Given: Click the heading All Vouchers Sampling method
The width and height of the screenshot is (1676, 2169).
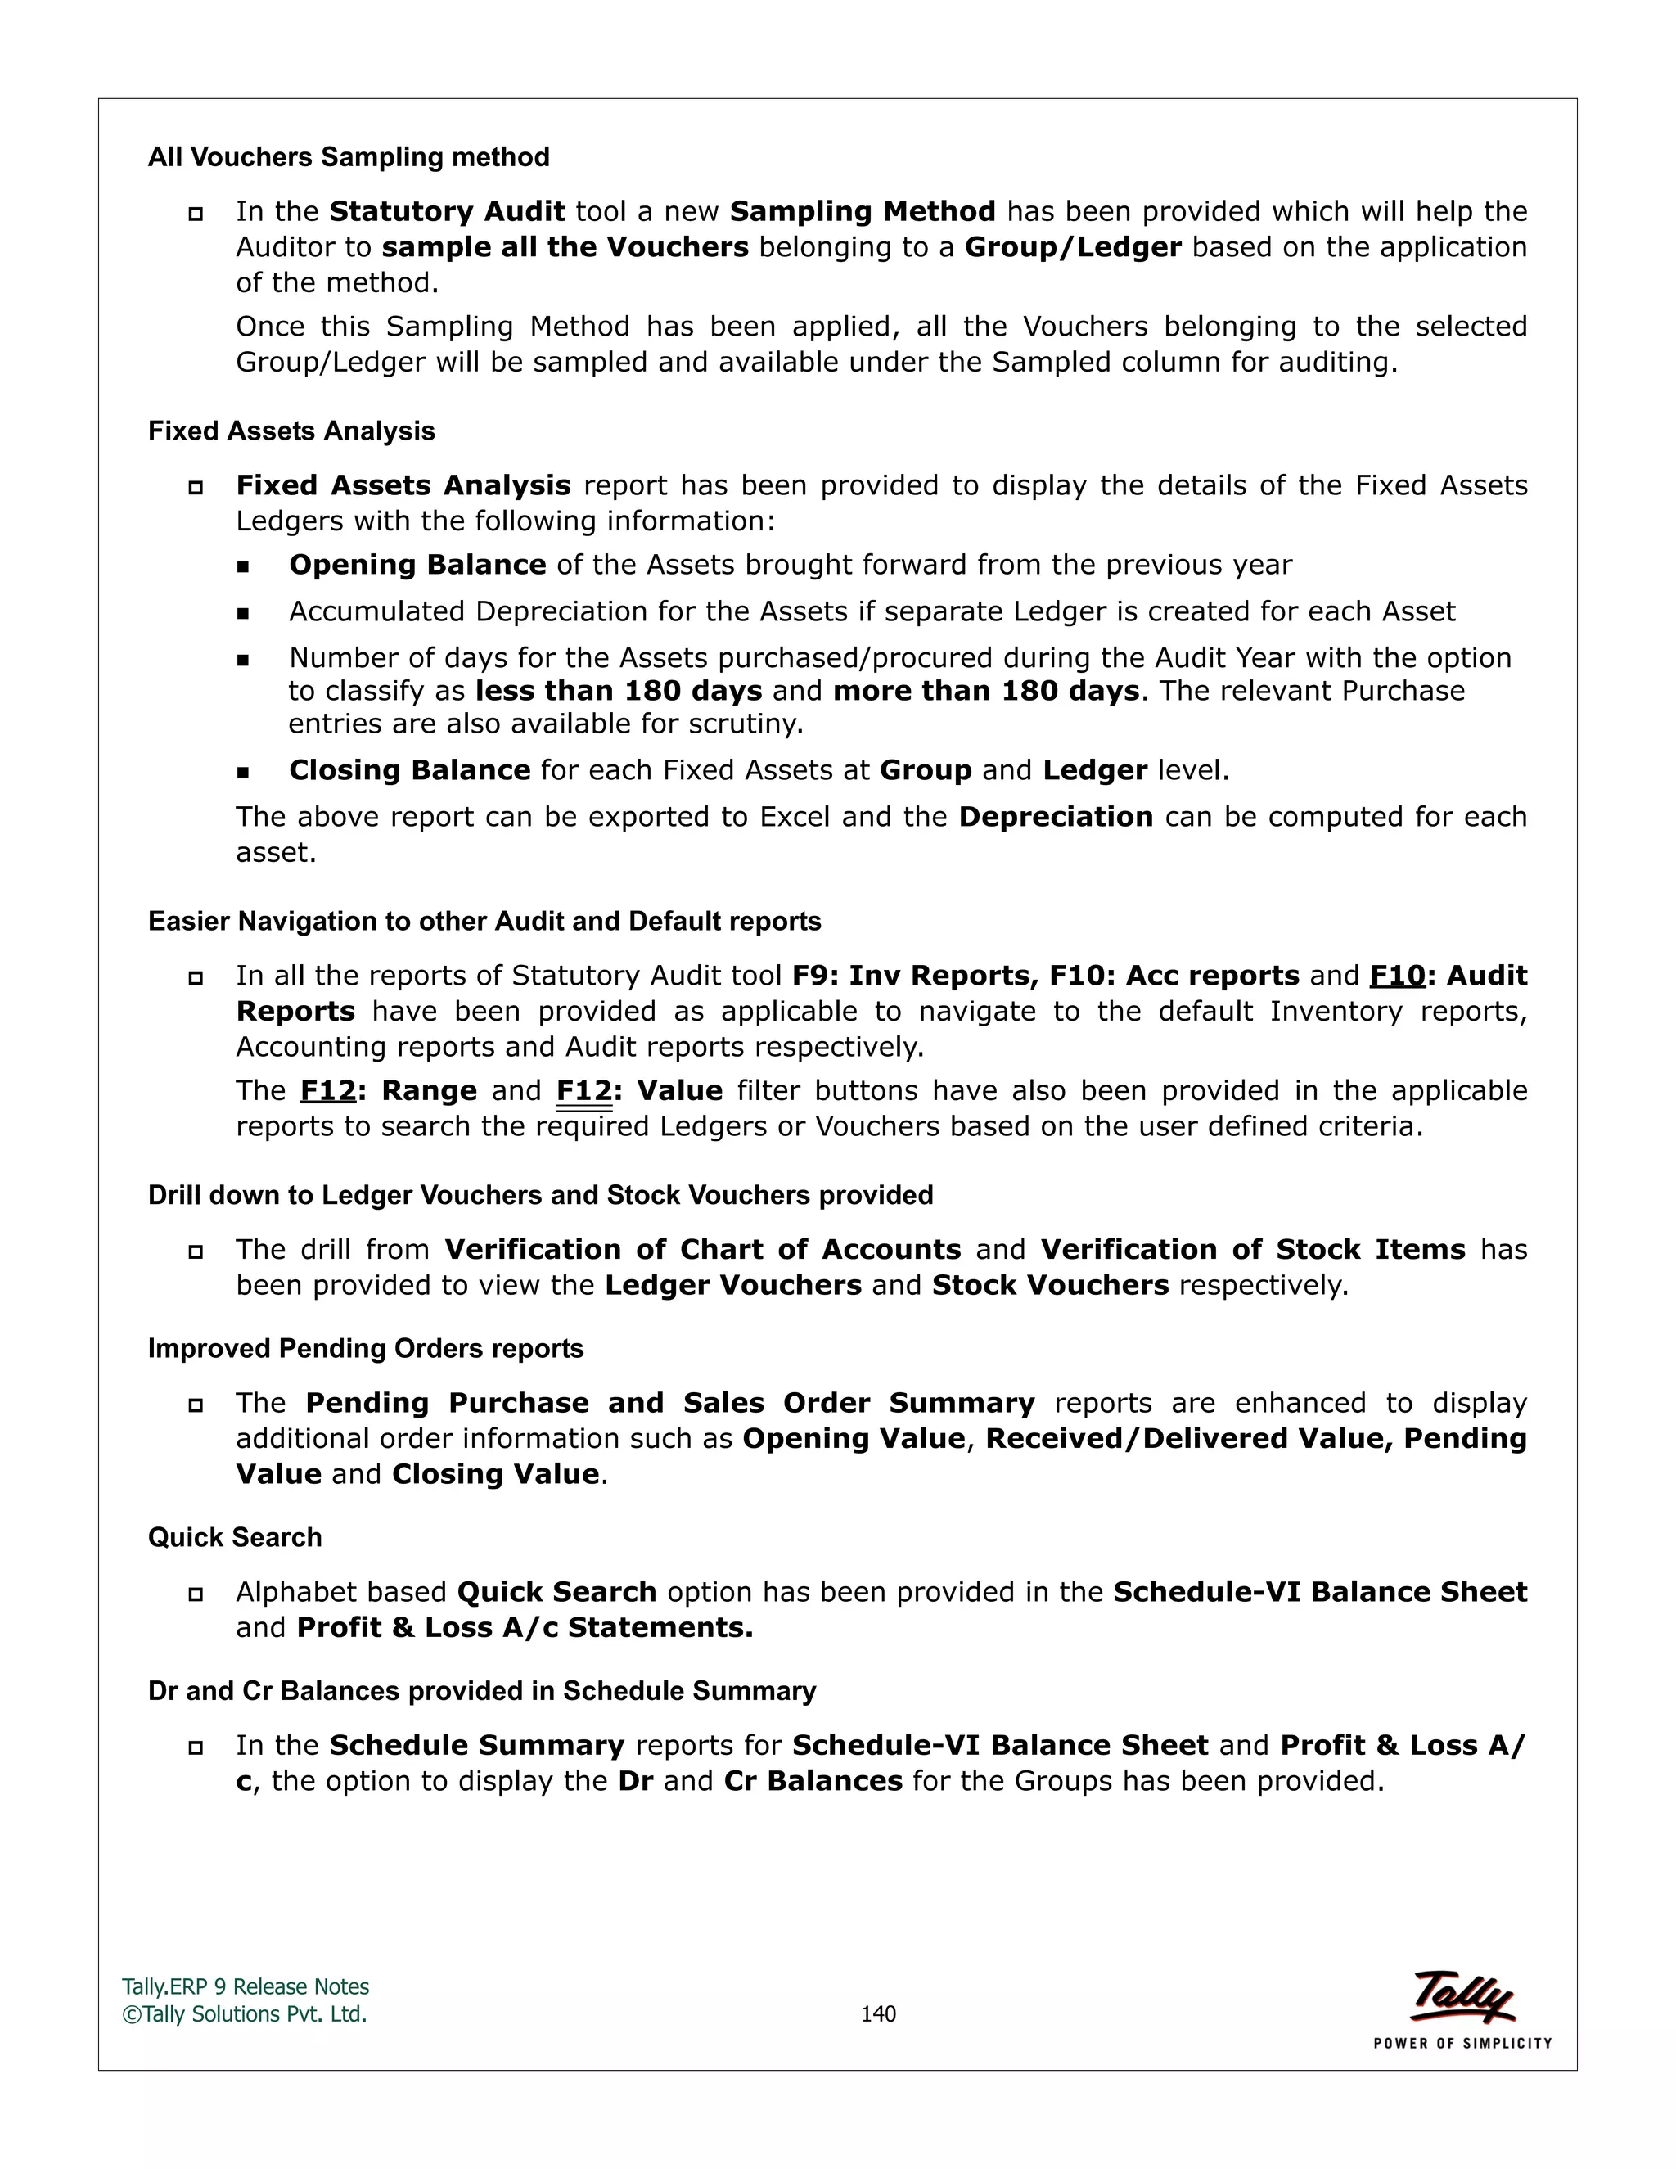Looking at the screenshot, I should click(349, 157).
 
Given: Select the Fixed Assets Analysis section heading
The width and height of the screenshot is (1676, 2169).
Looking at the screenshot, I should click(291, 431).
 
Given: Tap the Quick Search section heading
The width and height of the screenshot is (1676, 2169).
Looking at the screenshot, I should click(234, 1537).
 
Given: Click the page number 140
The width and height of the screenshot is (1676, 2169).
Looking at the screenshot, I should click(878, 2014).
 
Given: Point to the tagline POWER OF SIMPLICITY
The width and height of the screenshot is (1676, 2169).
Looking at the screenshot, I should click(1462, 2043).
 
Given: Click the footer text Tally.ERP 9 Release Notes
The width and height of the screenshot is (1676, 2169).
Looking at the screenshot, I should click(246, 1987).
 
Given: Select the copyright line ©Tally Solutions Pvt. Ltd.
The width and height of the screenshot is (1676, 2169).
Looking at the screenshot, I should click(244, 2014).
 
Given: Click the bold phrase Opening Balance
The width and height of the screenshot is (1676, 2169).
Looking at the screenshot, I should click(417, 565).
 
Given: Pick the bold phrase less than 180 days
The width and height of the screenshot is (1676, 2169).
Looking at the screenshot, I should click(619, 692).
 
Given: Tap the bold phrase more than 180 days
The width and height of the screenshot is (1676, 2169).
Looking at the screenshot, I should click(985, 692).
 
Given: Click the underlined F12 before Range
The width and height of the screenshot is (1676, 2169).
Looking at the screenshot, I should click(327, 1090).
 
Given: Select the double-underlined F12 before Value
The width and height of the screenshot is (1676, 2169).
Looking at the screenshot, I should click(583, 1090).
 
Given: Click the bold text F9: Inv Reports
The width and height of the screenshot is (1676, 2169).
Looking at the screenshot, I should click(913, 976).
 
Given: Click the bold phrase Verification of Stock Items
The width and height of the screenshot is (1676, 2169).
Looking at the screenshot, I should click(1252, 1249).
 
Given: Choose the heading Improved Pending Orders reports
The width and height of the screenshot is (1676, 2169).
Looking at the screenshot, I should click(365, 1349).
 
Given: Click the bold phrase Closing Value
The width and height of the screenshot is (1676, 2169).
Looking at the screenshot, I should click(495, 1474).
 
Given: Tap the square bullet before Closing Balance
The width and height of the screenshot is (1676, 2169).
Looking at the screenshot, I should click(243, 772).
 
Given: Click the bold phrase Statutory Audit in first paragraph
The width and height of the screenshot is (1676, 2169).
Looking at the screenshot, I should click(447, 211).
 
